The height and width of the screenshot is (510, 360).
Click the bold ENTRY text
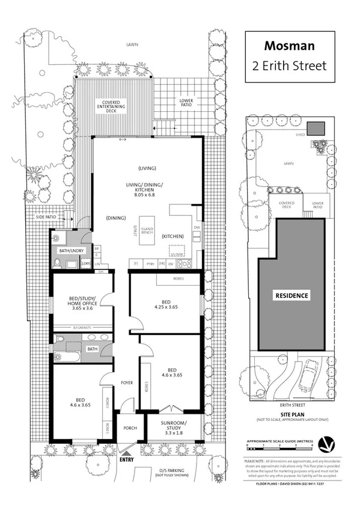pos(127,460)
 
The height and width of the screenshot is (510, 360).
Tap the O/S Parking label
pos(172,472)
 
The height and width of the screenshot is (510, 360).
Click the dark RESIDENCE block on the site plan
pos(292,295)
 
